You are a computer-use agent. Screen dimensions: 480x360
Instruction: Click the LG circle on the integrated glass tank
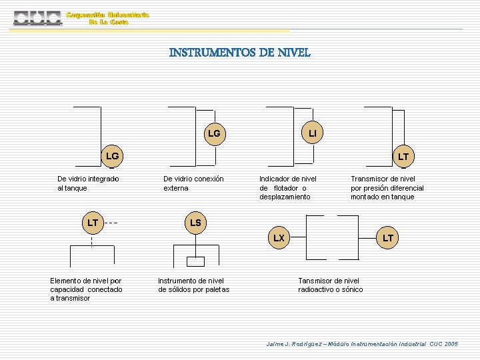click(x=112, y=156)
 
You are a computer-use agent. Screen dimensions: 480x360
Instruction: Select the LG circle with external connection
click(x=215, y=134)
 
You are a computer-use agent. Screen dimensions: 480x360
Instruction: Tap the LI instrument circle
click(x=312, y=133)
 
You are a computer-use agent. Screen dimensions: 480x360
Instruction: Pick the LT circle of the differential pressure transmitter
click(x=404, y=157)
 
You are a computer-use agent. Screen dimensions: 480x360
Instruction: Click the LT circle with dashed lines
click(x=93, y=223)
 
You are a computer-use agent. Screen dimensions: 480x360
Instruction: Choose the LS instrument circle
click(x=195, y=223)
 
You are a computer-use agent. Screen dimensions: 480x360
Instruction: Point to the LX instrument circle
click(x=279, y=237)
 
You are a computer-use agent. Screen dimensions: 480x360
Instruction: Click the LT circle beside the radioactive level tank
click(x=387, y=237)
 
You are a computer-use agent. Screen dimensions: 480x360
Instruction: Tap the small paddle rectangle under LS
click(x=195, y=261)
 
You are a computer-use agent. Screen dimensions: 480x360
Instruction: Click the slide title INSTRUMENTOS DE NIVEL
click(x=240, y=53)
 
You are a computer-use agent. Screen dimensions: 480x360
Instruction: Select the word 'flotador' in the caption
click(x=285, y=188)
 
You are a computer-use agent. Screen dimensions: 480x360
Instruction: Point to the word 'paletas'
click(x=217, y=289)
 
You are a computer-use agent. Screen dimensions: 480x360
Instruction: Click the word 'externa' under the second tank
click(x=176, y=188)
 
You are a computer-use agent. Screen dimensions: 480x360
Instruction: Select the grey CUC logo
click(x=37, y=18)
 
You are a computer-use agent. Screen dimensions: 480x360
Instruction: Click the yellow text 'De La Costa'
click(x=109, y=22)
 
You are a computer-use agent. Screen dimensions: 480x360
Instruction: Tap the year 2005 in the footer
click(x=451, y=344)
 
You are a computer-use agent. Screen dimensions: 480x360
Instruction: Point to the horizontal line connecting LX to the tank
click(x=298, y=237)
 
